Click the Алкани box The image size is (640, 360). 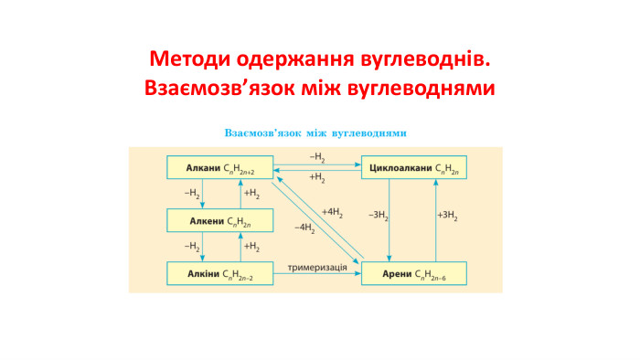219,167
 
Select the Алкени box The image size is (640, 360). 219,220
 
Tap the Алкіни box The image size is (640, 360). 219,272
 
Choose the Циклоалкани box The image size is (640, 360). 414,167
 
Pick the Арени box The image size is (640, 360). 414,272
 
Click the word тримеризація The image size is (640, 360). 317,267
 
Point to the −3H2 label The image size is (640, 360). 379,216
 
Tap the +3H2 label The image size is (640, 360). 447,216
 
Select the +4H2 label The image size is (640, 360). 333,212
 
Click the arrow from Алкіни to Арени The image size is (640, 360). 317,275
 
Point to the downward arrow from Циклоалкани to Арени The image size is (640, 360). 390,219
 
